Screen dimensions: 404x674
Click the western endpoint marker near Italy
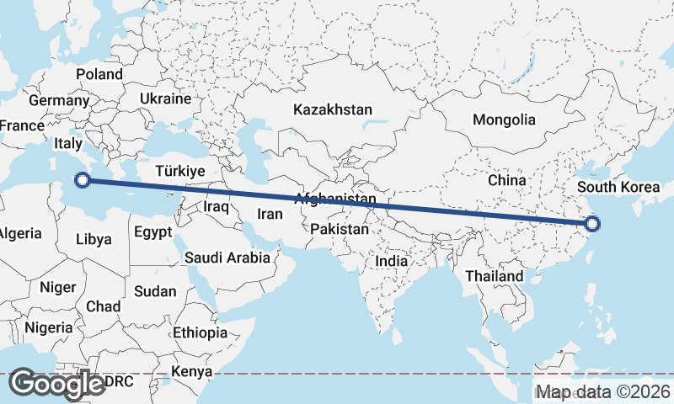83,179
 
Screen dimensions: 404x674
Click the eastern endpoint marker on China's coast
592,224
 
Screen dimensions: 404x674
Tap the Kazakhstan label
332,109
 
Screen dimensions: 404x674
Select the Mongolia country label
504,120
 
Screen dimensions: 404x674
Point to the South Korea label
618,187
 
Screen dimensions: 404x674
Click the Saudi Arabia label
227,258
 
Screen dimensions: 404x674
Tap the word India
391,261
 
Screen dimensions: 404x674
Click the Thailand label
494,275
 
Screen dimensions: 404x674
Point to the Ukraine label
166,98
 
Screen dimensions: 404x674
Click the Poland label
99,74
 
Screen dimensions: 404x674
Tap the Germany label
58,100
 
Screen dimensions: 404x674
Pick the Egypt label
152,231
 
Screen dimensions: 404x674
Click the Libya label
93,239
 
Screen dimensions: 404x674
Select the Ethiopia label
200,332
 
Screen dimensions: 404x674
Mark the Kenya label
192,371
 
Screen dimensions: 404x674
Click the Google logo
57,384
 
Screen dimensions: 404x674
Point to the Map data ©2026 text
603,391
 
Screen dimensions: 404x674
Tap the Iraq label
217,206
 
